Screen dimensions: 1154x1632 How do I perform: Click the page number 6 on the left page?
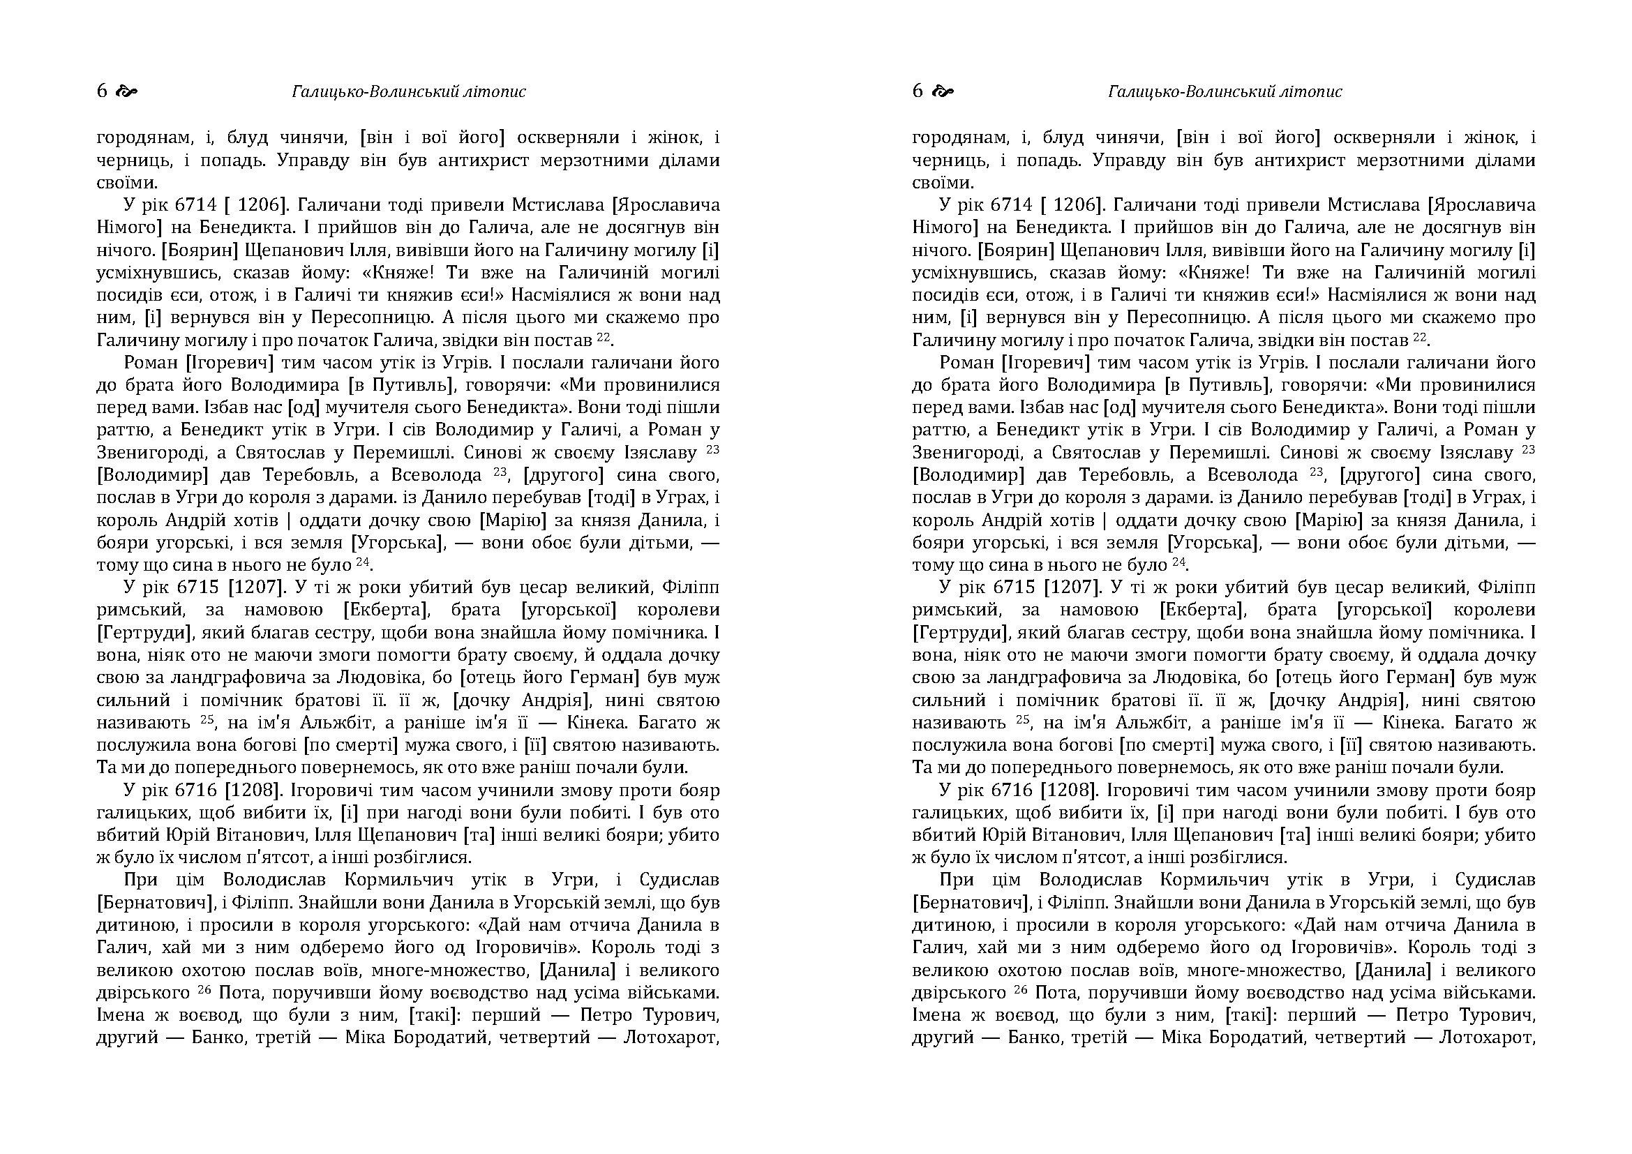click(102, 91)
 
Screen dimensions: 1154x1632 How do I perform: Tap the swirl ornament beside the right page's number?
click(943, 91)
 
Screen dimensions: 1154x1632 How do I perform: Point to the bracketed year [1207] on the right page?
click(1072, 587)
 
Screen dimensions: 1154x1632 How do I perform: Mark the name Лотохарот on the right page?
click(1487, 1038)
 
